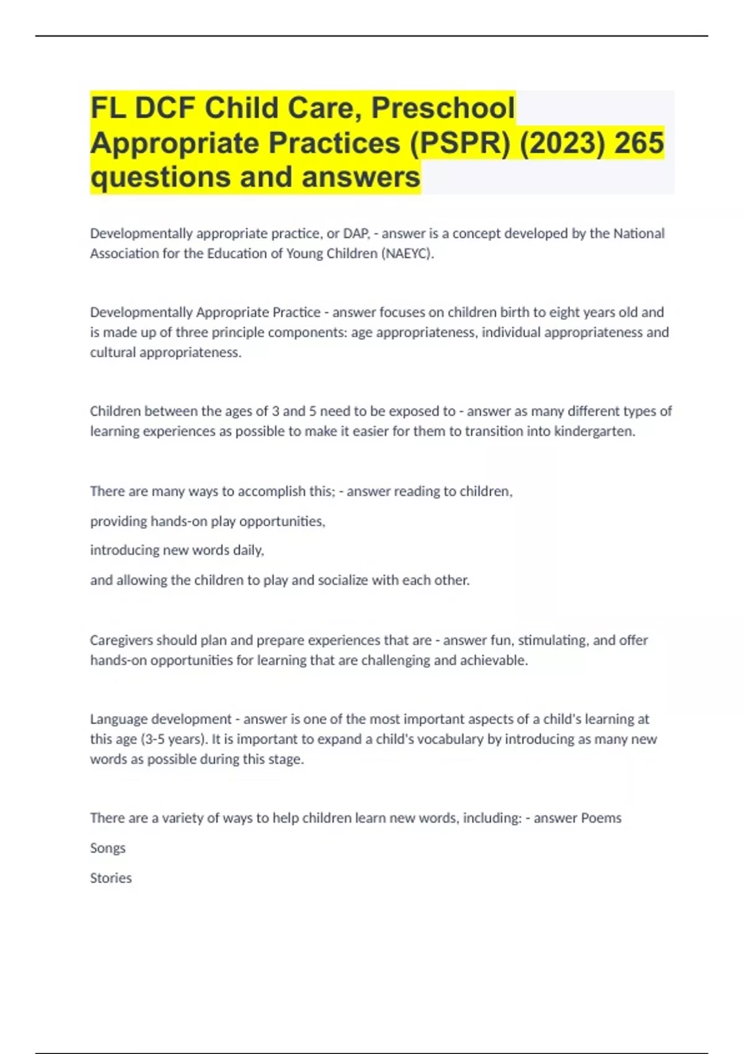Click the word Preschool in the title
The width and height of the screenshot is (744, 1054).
pyautogui.click(x=443, y=108)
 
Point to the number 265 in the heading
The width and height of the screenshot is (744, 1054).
pyautogui.click(x=639, y=143)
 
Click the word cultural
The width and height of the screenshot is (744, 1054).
pyautogui.click(x=112, y=352)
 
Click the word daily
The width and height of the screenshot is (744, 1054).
pyautogui.click(x=248, y=551)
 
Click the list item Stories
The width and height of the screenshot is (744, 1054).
pyautogui.click(x=111, y=878)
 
